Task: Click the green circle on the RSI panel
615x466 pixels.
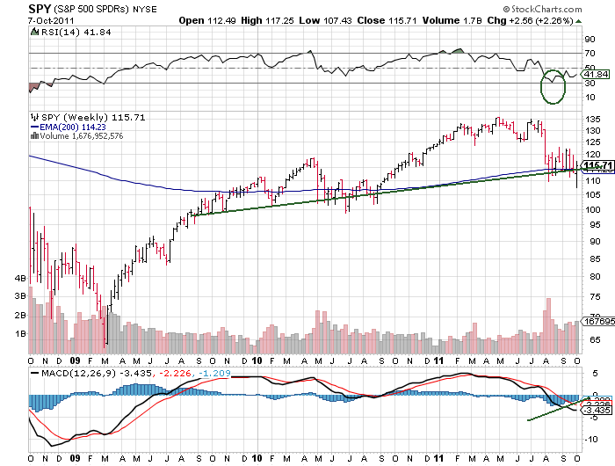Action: click(553, 86)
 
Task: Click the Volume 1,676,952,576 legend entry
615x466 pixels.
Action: click(79, 135)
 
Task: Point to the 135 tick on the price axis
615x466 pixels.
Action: click(593, 118)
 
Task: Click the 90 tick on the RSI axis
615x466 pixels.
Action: click(590, 40)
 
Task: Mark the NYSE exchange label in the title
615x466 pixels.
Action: click(145, 10)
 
